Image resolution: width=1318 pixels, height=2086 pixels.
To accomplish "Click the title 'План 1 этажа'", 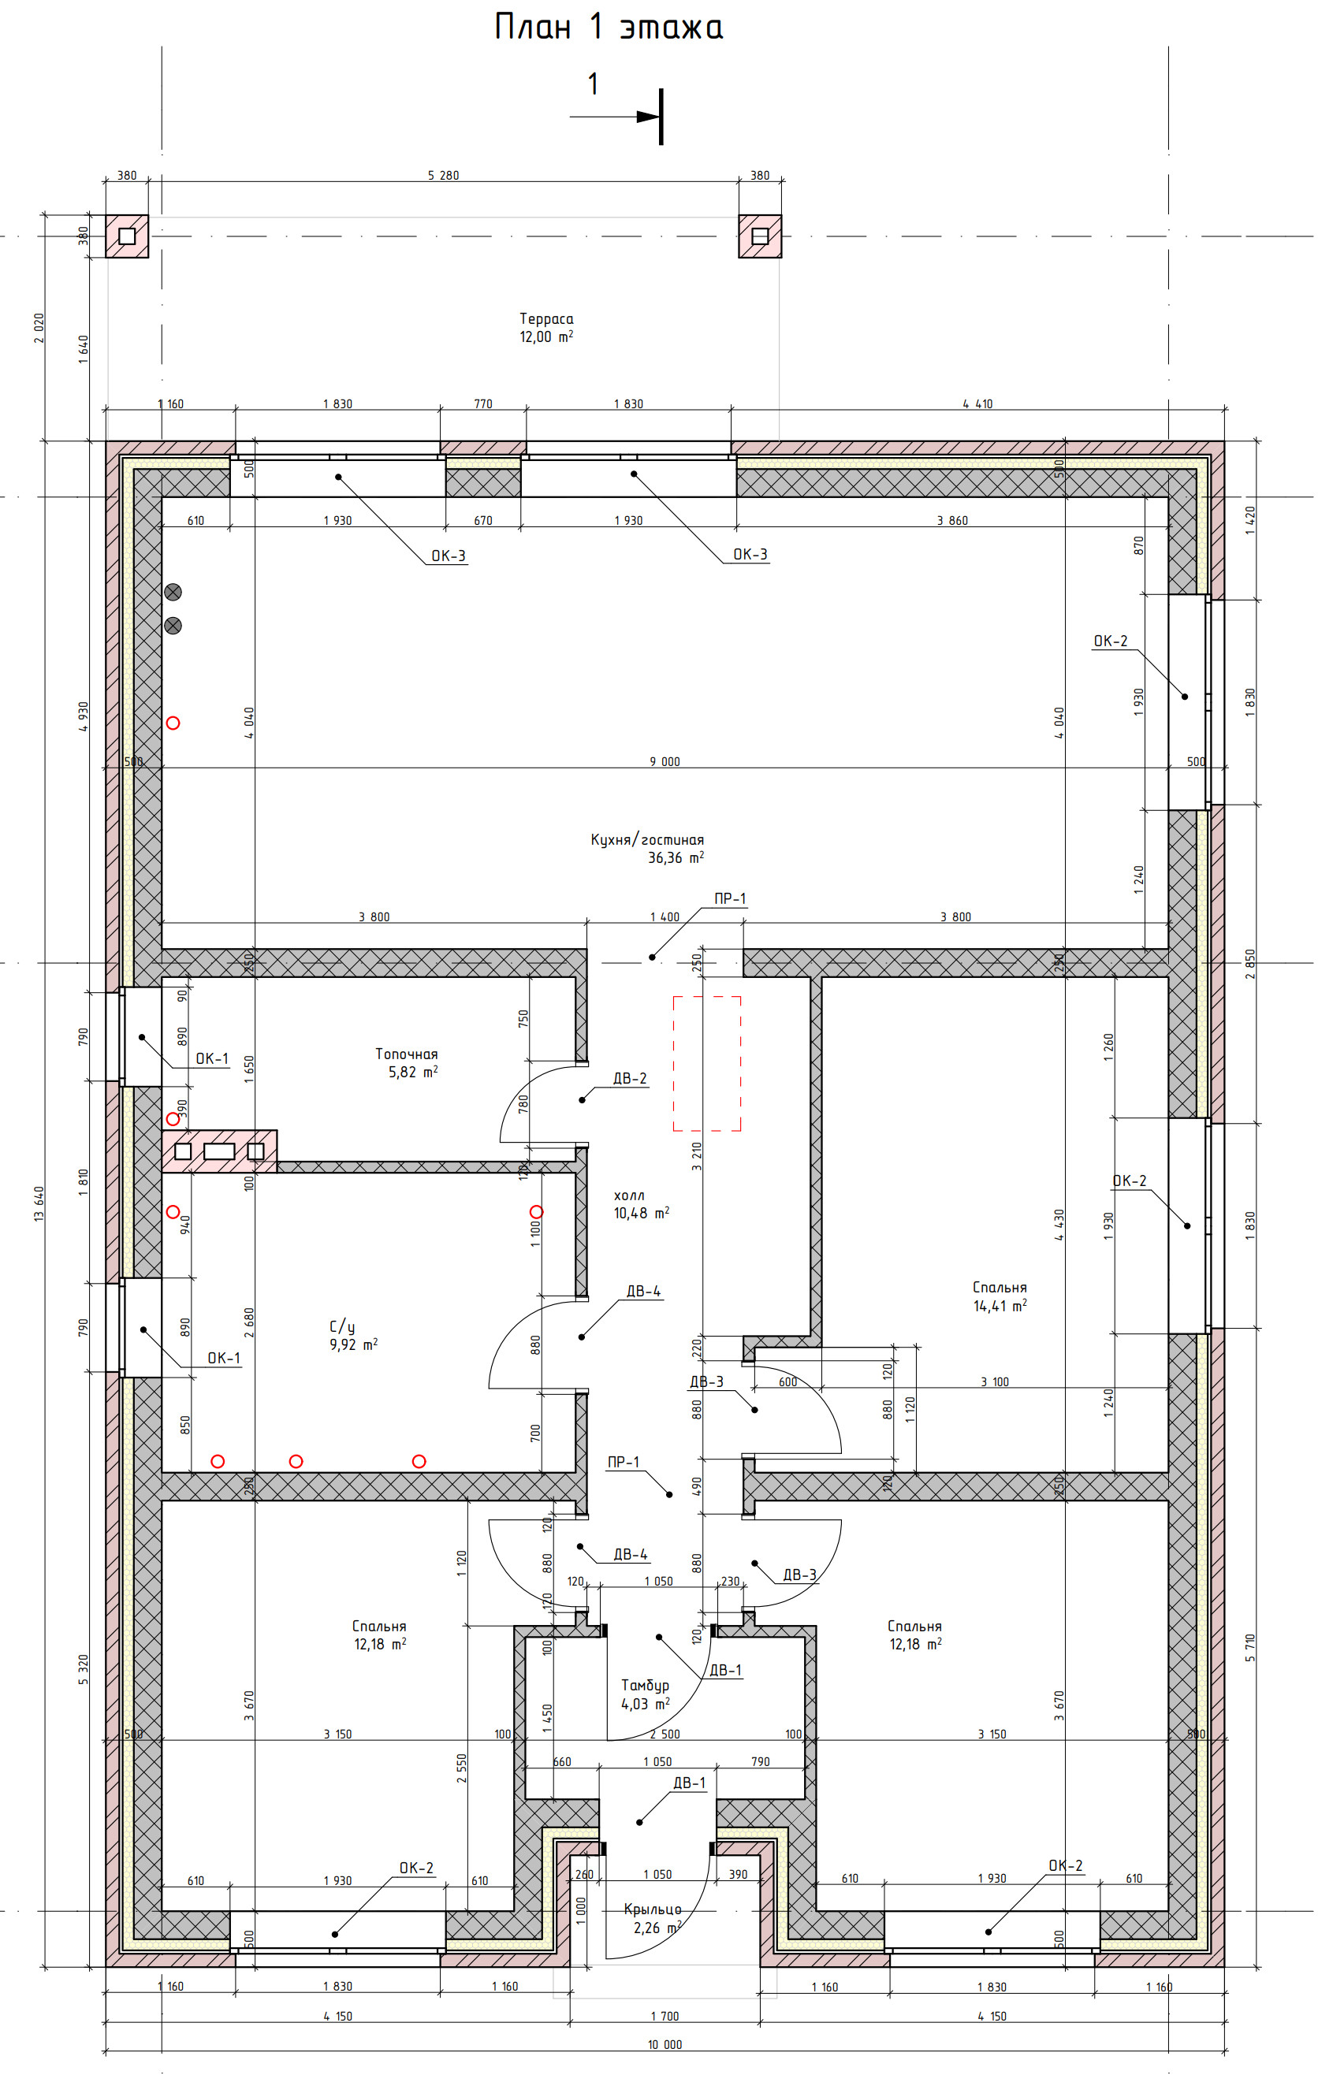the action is click(x=609, y=27).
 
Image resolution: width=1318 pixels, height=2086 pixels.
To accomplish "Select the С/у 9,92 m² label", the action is click(x=354, y=1335).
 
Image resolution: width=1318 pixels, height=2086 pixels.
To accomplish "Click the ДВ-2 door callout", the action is click(x=630, y=1079).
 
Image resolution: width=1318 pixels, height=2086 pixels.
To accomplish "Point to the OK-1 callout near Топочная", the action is click(x=212, y=1058).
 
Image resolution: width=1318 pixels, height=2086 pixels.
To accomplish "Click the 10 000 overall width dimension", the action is click(x=665, y=2062).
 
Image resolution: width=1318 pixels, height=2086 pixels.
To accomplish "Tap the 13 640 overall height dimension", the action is click(x=39, y=1204).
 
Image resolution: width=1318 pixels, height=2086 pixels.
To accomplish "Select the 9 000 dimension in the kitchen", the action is click(x=665, y=761).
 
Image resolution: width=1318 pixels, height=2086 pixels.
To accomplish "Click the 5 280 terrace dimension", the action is click(x=444, y=175).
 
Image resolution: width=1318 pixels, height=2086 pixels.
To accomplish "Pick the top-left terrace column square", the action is click(x=128, y=236).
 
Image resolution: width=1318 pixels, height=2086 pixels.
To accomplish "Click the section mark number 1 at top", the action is click(x=593, y=84).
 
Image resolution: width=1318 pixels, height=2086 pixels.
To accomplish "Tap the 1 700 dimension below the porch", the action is click(x=665, y=2034).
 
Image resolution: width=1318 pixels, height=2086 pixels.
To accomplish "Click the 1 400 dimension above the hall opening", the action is click(x=665, y=917).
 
